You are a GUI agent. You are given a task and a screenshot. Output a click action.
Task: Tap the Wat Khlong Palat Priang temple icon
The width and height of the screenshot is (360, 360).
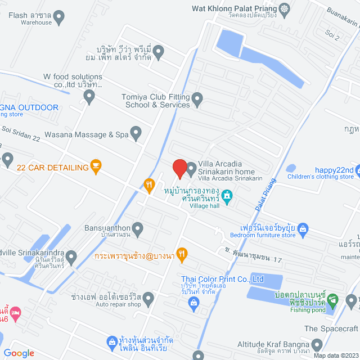tap(286, 8)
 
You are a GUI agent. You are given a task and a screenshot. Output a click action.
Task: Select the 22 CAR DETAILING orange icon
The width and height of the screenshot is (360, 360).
tap(96, 167)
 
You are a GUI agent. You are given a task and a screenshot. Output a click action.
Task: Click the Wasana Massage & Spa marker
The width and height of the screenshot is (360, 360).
tap(136, 133)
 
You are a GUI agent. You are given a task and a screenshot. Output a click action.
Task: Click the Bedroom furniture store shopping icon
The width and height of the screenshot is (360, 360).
tap(303, 228)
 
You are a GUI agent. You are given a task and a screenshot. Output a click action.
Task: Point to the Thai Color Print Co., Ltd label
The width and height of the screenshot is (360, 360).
tap(222, 279)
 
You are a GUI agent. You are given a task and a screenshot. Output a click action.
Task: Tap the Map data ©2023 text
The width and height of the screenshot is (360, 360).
tap(335, 355)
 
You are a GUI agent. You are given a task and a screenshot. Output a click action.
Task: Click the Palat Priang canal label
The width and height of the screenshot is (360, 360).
tap(267, 194)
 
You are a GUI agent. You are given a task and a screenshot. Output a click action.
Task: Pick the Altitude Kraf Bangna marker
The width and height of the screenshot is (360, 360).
tap(317, 344)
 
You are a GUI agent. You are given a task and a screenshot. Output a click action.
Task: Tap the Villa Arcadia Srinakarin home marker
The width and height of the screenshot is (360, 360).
tap(191, 168)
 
